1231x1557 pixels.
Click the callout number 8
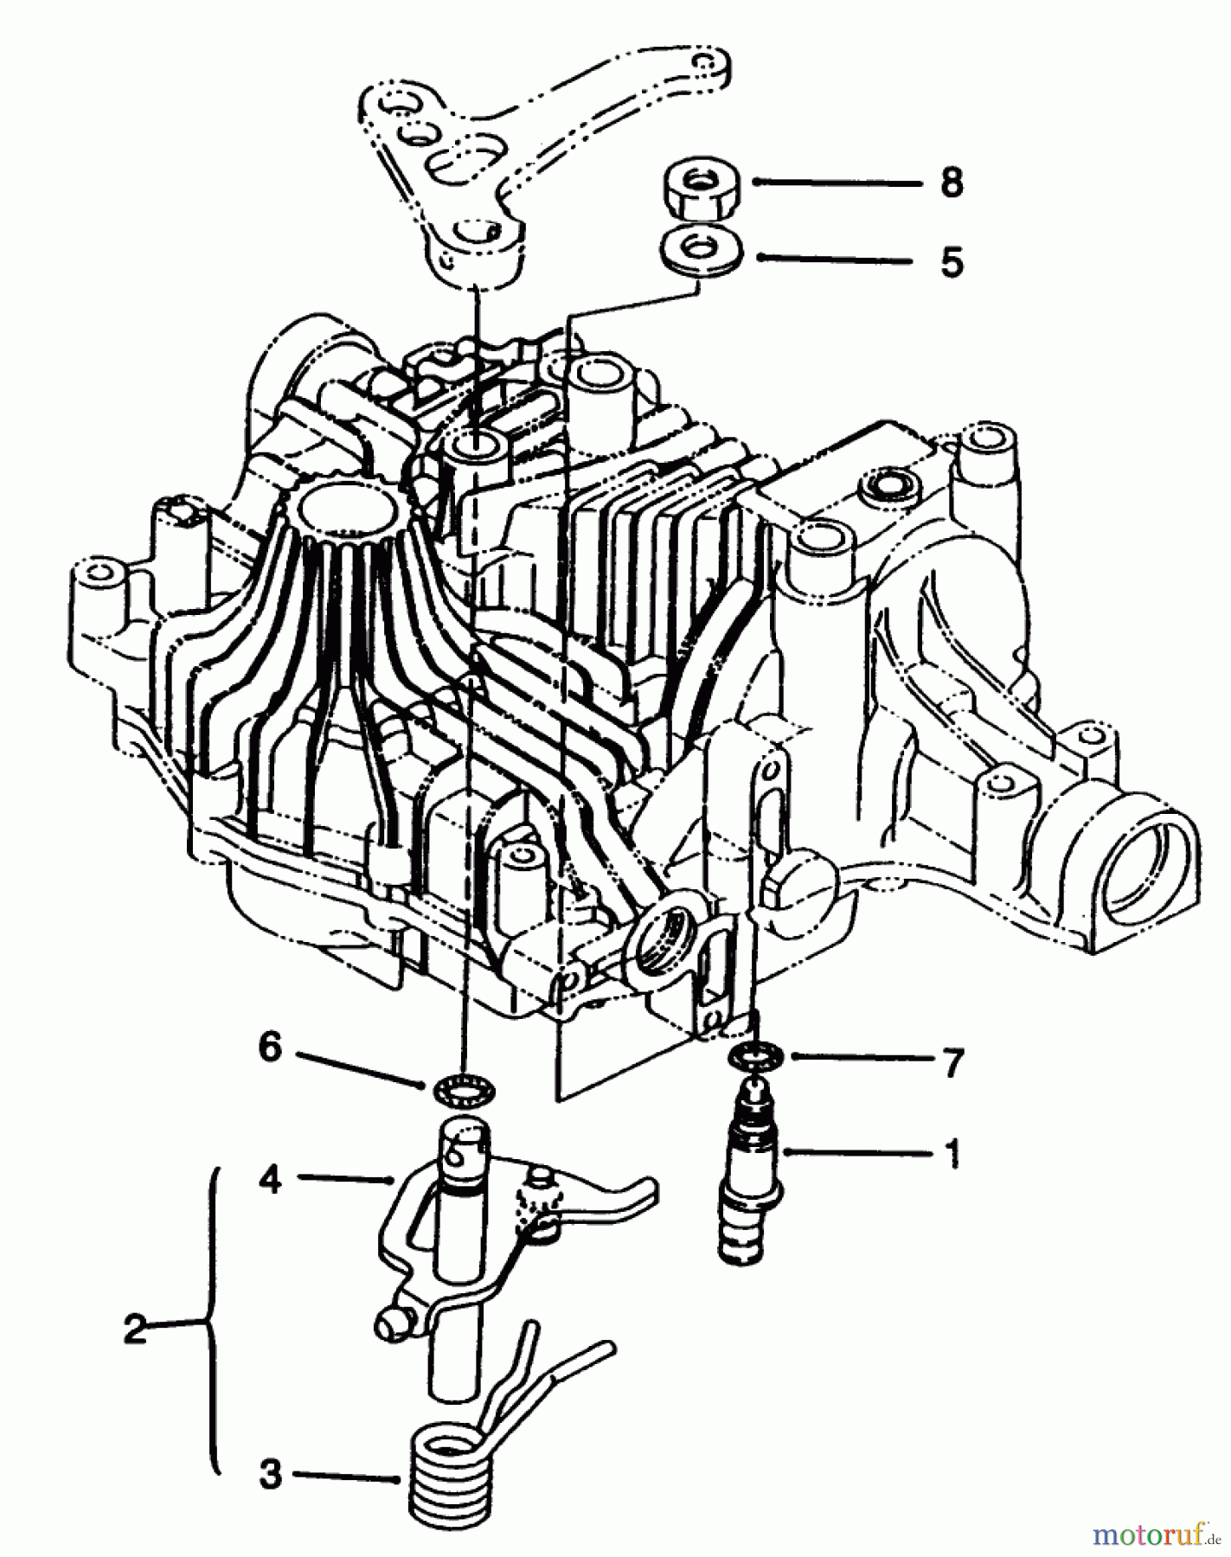951,183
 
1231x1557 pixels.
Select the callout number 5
951,260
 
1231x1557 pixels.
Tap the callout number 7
952,1063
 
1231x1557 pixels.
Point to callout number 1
952,1153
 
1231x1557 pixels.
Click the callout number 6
270,1049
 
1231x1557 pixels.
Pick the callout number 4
271,1178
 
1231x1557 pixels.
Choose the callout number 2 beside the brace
135,1329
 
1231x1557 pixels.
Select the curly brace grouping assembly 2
208,1323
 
